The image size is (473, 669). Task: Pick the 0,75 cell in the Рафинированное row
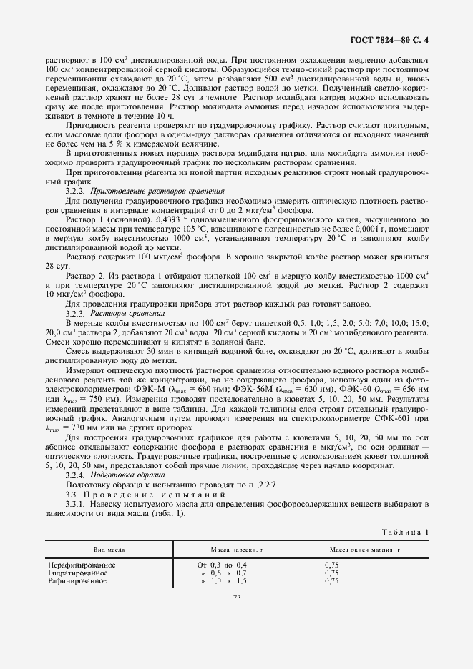331,581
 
